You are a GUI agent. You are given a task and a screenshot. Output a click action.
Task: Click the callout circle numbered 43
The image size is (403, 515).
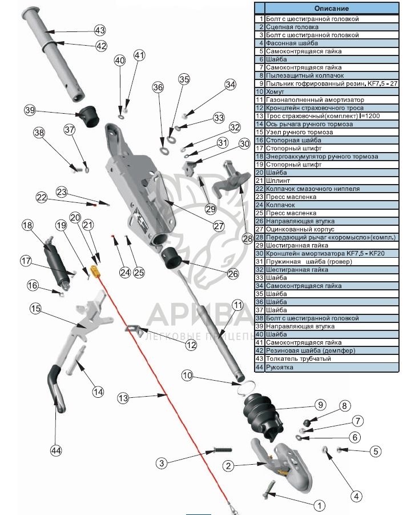pos(99,30)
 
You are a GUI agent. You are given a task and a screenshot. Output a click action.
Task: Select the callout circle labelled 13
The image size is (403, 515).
pos(124,397)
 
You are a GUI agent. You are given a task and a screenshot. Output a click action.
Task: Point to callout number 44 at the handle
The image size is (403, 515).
pos(55,450)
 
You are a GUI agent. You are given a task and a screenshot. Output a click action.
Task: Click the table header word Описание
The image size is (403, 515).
pos(332,9)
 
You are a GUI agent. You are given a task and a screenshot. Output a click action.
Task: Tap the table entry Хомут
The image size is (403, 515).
pos(276,91)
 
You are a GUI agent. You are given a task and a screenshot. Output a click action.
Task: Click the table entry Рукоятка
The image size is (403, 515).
pos(281,367)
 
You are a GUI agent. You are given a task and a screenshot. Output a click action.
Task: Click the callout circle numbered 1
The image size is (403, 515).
pos(319,505)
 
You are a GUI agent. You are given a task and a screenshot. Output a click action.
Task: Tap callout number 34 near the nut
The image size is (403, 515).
pos(230,85)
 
